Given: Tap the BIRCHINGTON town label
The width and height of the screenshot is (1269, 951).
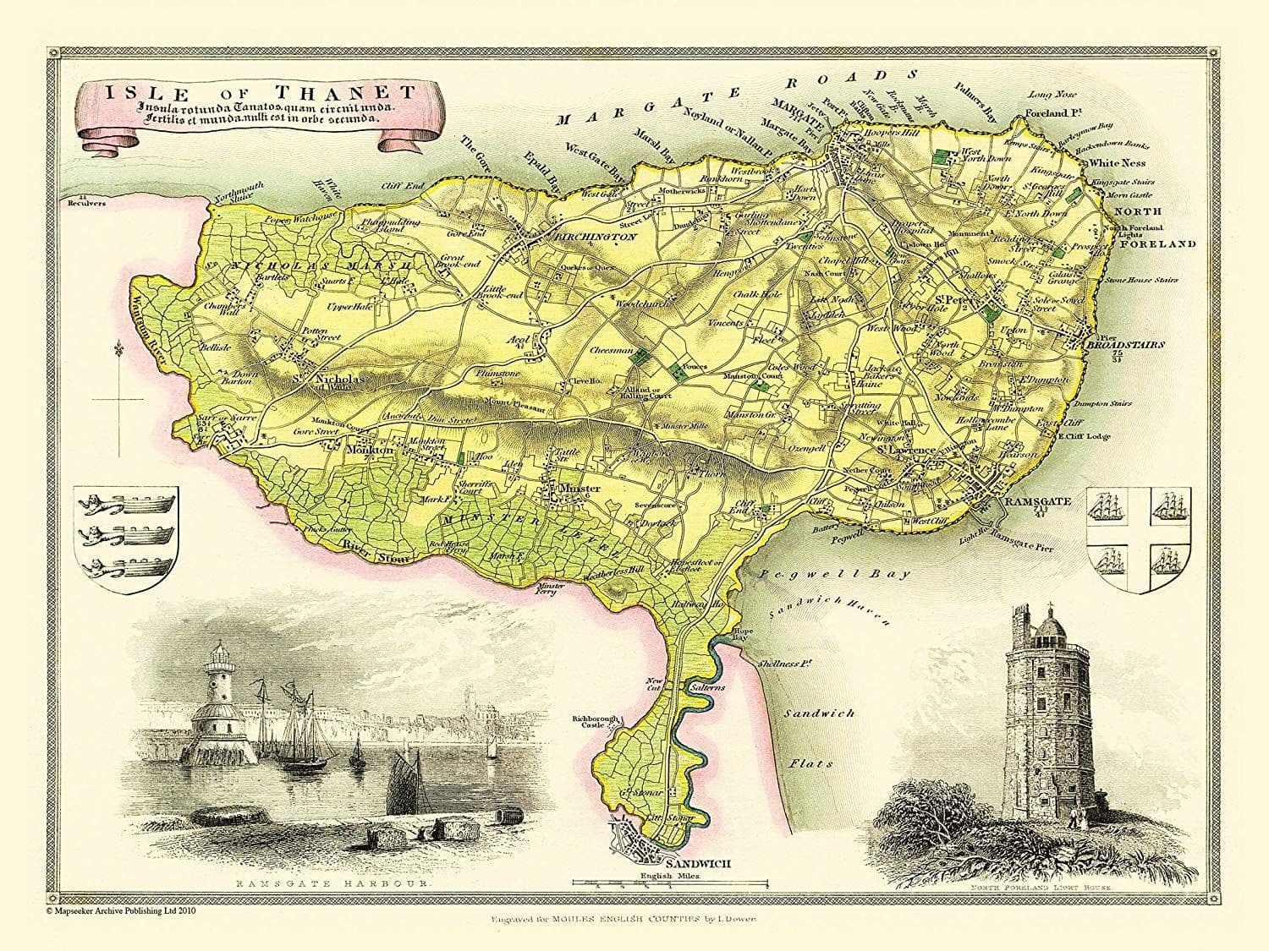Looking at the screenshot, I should click(595, 238).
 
